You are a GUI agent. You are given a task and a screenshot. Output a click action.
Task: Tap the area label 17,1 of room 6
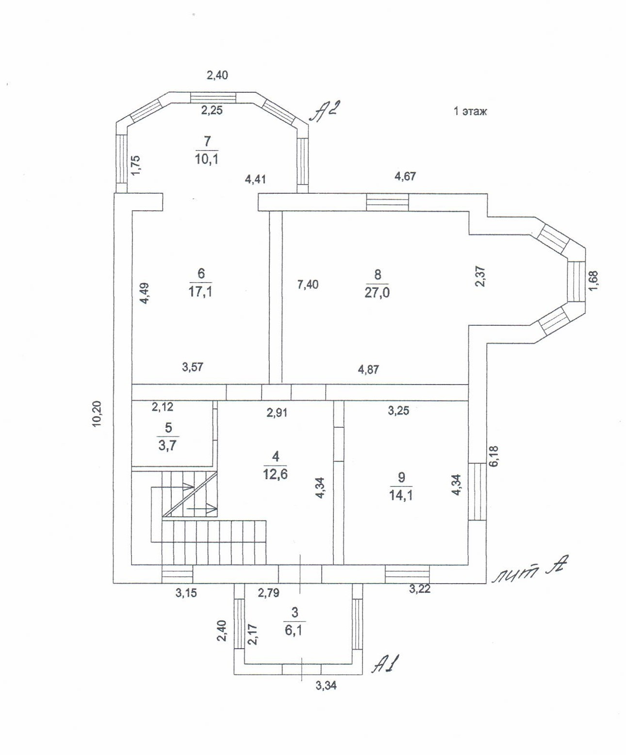(x=200, y=291)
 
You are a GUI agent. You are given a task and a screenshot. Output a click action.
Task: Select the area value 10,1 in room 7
(x=207, y=159)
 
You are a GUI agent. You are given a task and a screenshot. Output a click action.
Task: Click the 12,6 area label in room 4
(x=276, y=474)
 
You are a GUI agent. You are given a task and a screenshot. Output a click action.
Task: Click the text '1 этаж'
(x=470, y=111)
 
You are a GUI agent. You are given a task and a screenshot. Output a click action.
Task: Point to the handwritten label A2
(x=323, y=112)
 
